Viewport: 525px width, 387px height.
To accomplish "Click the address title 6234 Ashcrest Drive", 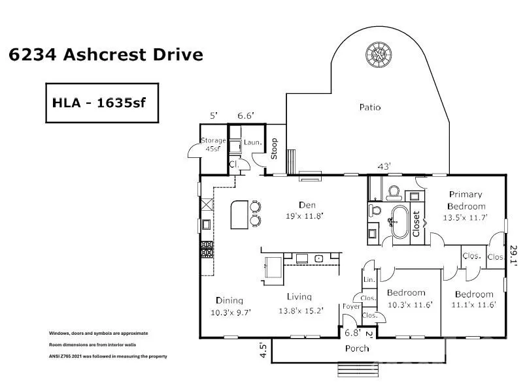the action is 106,54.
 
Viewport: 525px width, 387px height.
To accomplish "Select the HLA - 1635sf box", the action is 102,103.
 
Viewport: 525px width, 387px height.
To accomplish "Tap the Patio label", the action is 370,107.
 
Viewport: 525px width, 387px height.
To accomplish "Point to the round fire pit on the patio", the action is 379,55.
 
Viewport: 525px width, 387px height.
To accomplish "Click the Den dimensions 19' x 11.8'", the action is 305,216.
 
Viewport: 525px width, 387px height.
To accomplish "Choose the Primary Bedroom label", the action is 466,200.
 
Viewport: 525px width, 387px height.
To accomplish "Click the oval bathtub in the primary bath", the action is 400,222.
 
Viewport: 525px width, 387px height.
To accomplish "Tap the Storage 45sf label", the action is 213,144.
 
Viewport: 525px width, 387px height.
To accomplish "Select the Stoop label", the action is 274,149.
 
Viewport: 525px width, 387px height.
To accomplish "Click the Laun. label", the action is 252,142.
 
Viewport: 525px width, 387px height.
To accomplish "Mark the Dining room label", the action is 229,300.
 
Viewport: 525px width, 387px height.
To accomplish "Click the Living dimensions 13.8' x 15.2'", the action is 301,311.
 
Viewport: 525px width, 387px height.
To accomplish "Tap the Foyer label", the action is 351,306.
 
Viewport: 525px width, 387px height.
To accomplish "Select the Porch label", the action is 357,348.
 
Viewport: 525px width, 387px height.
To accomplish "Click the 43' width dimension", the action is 384,166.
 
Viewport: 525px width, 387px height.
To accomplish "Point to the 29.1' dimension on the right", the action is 513,255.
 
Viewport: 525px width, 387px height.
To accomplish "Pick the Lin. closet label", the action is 369,279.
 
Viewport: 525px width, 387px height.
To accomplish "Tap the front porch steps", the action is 358,369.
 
